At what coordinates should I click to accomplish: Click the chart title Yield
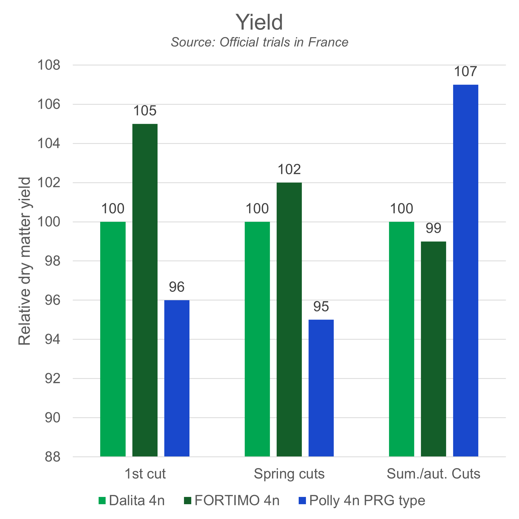[x=259, y=22]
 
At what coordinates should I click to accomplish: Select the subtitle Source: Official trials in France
[x=259, y=42]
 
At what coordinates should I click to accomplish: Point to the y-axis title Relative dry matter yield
[x=24, y=261]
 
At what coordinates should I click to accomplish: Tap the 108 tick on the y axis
[x=49, y=65]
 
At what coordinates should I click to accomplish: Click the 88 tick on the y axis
[x=52, y=457]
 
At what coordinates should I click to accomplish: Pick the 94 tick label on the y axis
[x=52, y=339]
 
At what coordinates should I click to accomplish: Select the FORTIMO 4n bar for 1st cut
[x=145, y=290]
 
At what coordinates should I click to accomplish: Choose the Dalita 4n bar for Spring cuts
[x=257, y=339]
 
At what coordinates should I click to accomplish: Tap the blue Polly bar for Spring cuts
[x=321, y=388]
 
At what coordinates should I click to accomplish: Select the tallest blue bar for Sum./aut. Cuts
[x=466, y=271]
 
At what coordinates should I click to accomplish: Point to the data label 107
[x=466, y=72]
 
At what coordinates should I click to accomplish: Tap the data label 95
[x=321, y=307]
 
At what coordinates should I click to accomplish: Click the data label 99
[x=434, y=228]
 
